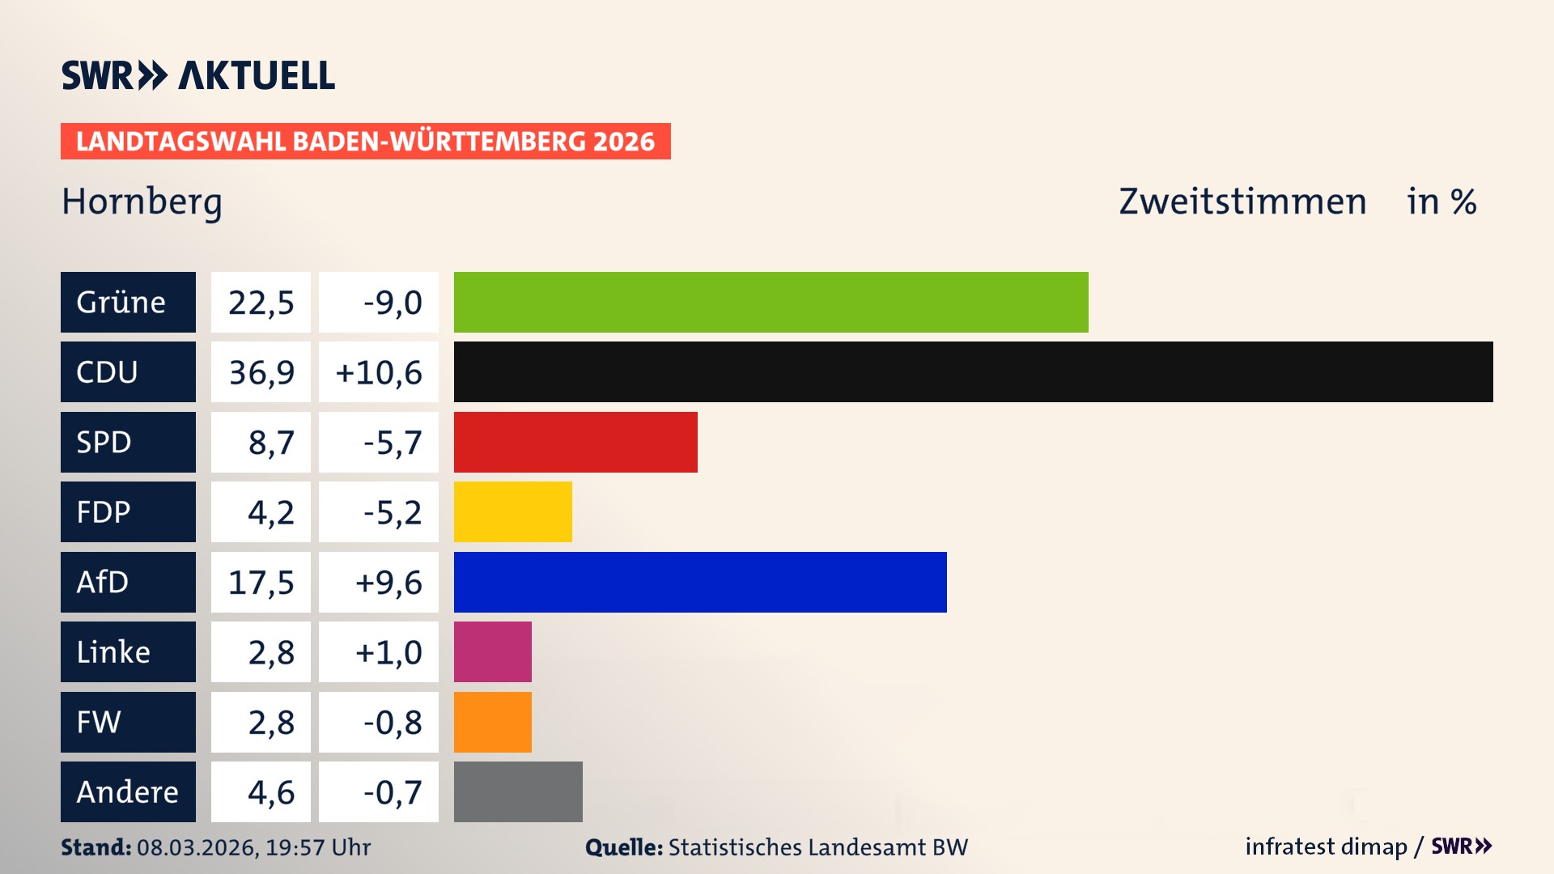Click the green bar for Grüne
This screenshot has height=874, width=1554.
click(x=771, y=302)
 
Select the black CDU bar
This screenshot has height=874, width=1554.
click(x=973, y=372)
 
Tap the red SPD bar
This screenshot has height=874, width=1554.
click(x=575, y=442)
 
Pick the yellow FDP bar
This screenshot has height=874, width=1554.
click(x=512, y=511)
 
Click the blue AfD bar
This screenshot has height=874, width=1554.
click(x=700, y=582)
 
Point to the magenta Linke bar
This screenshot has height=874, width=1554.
click(x=492, y=651)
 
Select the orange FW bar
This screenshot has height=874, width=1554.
click(x=492, y=722)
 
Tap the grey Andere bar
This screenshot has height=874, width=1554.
click(x=518, y=791)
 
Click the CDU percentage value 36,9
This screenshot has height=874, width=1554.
click(x=261, y=372)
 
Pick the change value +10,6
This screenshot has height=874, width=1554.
click(x=379, y=372)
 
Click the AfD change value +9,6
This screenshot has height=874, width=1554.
click(x=388, y=582)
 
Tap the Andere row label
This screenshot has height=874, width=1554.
click(x=128, y=791)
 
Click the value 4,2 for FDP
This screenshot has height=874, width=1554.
click(x=270, y=511)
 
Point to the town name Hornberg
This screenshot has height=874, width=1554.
click(x=142, y=202)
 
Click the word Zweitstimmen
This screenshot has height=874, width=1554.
click(x=1242, y=202)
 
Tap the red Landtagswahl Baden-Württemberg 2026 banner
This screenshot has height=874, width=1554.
click(x=365, y=141)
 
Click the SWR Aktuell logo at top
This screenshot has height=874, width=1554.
click(x=198, y=75)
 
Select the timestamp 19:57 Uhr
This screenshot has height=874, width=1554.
click(x=317, y=847)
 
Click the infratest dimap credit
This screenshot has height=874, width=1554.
click(x=1326, y=846)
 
